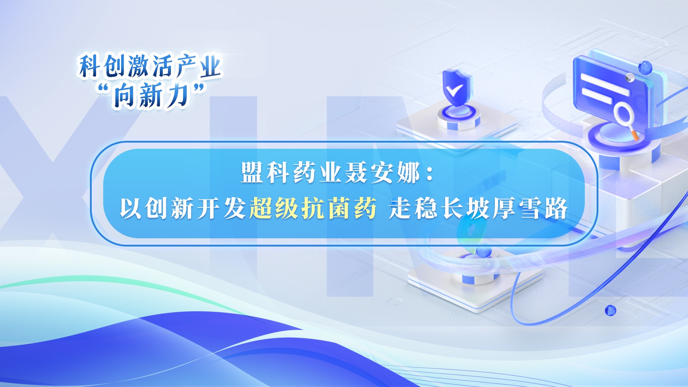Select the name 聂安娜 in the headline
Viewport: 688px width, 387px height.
[x=382, y=173]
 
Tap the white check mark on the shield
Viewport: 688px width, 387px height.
[x=454, y=90]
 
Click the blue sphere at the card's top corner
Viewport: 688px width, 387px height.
[x=645, y=68]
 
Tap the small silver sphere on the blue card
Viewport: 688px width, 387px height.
[x=630, y=77]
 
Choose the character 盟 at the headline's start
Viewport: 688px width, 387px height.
[x=253, y=173]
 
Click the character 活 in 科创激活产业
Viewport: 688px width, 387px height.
[x=162, y=66]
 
